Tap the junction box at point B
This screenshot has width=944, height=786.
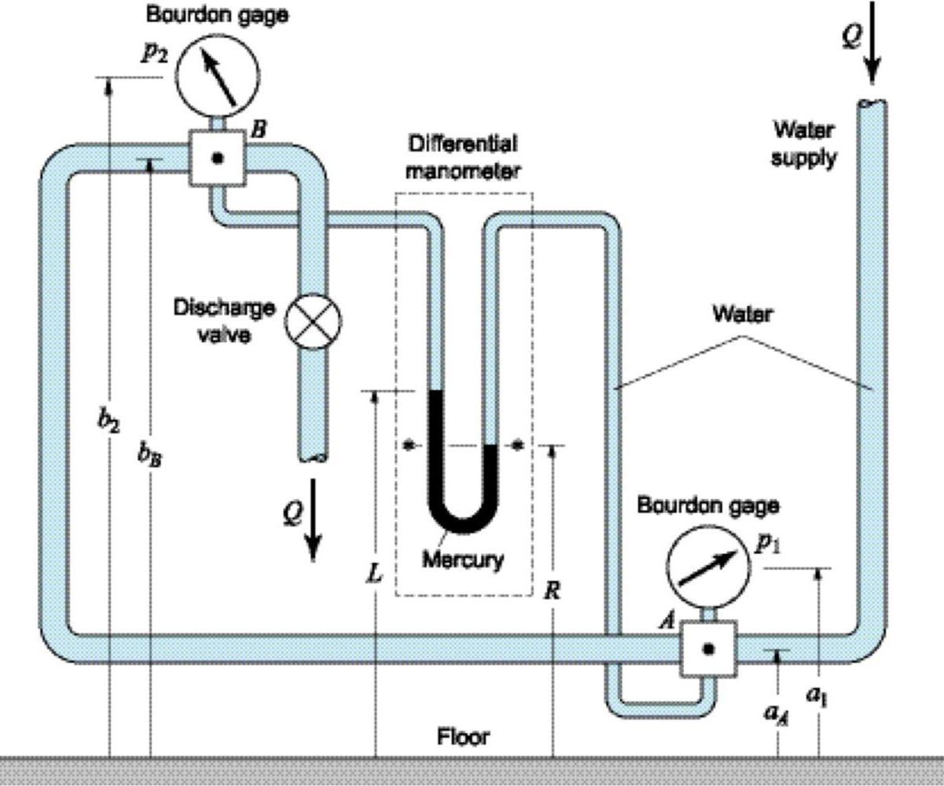[x=218, y=158]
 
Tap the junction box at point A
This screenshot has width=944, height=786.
[x=708, y=648]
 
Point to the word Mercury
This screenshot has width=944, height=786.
[x=463, y=560]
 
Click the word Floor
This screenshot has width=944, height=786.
[x=463, y=736]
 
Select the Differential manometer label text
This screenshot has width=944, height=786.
[x=462, y=157]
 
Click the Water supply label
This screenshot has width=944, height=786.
[x=803, y=143]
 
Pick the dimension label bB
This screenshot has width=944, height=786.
[x=150, y=454]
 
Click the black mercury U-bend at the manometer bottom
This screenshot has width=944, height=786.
[x=462, y=515]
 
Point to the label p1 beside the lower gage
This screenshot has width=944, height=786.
[x=767, y=545]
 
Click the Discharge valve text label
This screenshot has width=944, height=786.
[x=225, y=321]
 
